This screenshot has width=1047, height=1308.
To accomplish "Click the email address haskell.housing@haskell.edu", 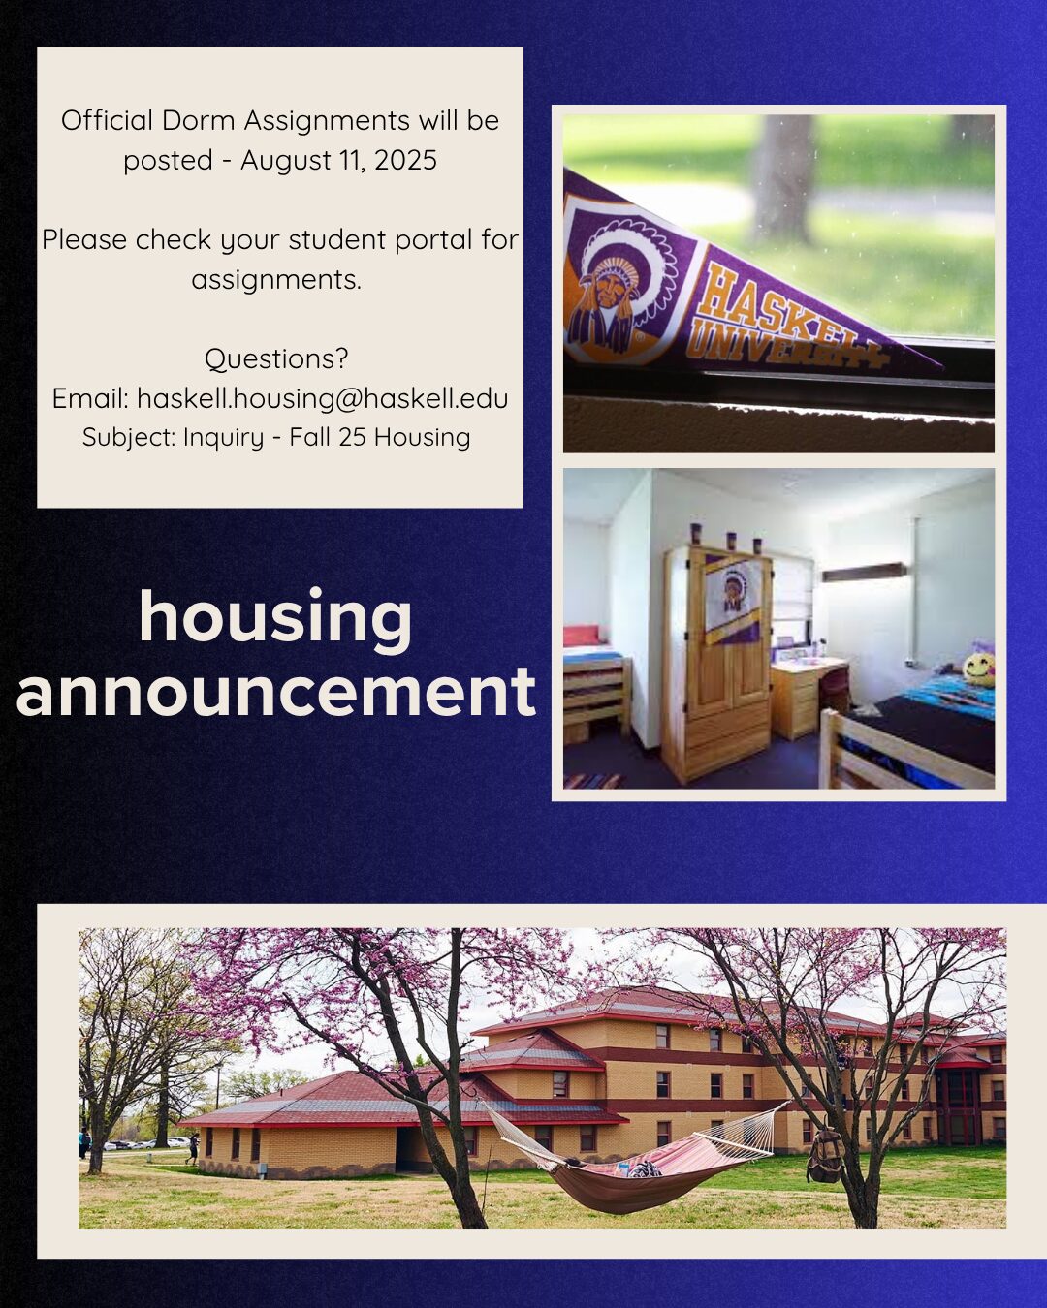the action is [323, 399].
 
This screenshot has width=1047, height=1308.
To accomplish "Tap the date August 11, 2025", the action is [339, 161].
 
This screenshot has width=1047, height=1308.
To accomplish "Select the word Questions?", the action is [276, 358].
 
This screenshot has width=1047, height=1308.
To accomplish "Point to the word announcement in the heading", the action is [275, 692].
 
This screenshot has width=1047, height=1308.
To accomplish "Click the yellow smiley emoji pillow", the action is [978, 670].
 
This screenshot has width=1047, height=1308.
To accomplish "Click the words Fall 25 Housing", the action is [380, 437].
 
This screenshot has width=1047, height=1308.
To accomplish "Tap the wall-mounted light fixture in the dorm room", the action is [863, 572].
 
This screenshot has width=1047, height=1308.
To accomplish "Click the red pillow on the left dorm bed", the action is [586, 637].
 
